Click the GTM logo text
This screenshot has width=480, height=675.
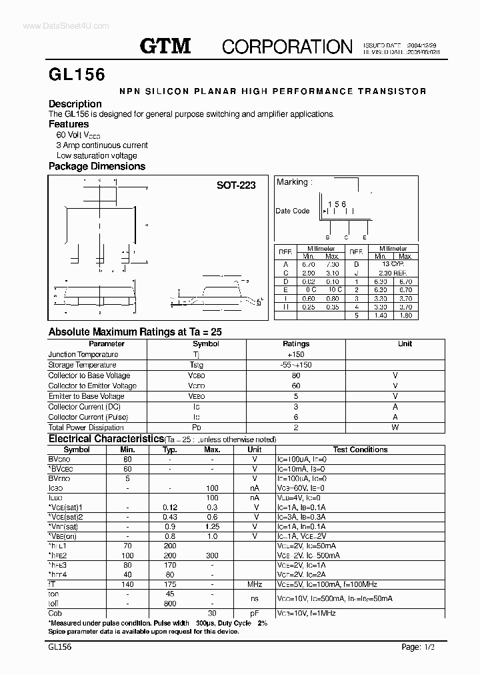[165, 45]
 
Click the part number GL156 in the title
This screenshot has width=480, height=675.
[77, 75]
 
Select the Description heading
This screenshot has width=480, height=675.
[75, 103]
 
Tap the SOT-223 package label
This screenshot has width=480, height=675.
[236, 185]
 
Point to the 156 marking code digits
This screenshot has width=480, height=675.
[337, 205]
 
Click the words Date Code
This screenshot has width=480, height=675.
[293, 211]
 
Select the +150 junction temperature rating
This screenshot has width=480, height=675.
[296, 354]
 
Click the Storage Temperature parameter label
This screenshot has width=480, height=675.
[82, 365]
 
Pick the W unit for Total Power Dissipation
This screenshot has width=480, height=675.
[395, 428]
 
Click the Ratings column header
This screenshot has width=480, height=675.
[296, 344]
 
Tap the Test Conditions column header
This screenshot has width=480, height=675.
[360, 450]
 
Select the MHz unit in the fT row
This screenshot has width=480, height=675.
[254, 584]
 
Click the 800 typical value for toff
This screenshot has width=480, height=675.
[169, 604]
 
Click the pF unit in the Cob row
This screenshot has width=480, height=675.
[254, 613]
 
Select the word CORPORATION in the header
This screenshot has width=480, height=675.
[287, 46]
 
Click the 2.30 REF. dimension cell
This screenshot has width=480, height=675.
[393, 272]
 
